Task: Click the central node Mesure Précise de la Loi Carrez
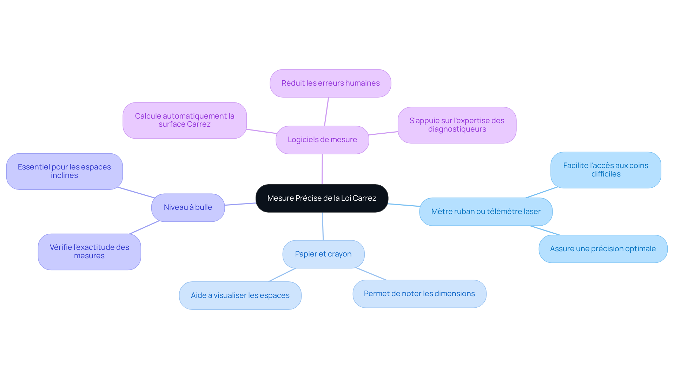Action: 322,198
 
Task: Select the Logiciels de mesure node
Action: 322,140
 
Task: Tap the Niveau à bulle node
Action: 188,207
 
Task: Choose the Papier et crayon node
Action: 323,254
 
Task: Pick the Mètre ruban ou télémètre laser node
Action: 486,212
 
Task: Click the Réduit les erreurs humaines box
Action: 330,83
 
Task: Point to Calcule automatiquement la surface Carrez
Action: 185,120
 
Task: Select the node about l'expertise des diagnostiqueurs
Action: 457,125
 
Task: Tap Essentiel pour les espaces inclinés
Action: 64,171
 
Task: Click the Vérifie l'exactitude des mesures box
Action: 90,252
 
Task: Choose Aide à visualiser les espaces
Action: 240,295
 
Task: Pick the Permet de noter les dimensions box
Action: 419,294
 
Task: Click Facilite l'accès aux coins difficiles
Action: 606,170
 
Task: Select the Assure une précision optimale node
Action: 603,249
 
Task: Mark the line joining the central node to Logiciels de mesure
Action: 322,169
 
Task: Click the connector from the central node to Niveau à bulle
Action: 240,204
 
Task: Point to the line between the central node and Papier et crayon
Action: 323,226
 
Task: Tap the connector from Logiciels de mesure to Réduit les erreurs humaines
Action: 326,112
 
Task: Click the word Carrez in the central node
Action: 364,198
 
